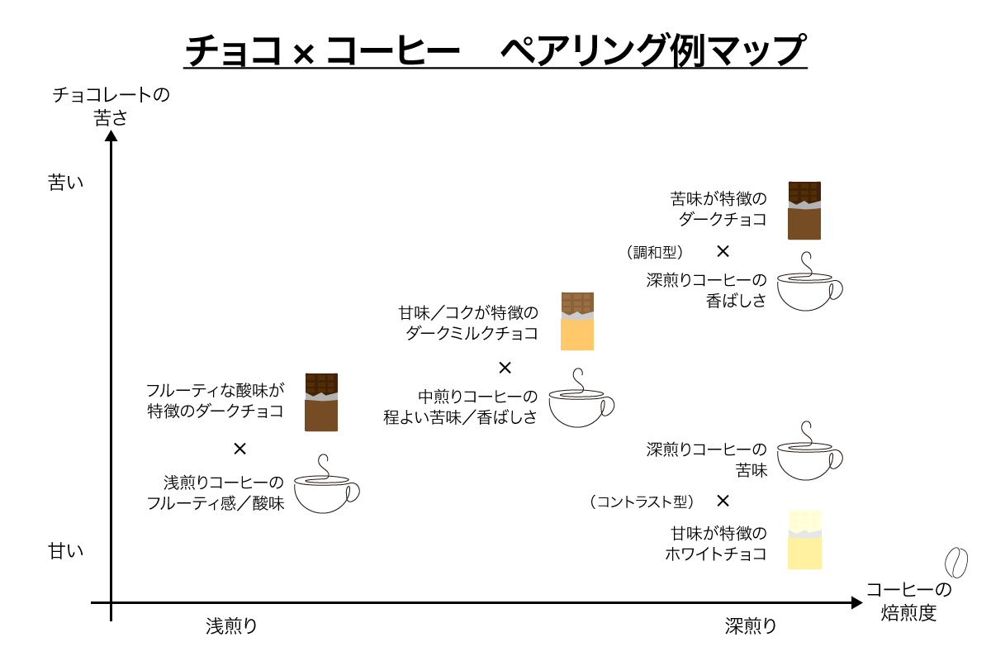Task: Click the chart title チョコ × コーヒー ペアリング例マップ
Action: pos(495,51)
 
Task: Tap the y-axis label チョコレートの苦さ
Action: pos(111,106)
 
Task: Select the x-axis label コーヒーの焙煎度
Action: pos(908,602)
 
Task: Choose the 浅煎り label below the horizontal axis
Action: pos(231,625)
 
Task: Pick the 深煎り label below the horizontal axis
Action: pos(751,625)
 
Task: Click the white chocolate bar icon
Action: pos(804,540)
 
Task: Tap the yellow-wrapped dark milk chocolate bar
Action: pos(577,321)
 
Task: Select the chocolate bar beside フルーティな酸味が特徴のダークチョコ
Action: pos(321,402)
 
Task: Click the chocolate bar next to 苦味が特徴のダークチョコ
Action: pos(804,210)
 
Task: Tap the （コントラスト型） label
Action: pos(642,502)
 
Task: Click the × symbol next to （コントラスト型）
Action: pos(723,501)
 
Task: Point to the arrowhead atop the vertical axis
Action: pos(111,135)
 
